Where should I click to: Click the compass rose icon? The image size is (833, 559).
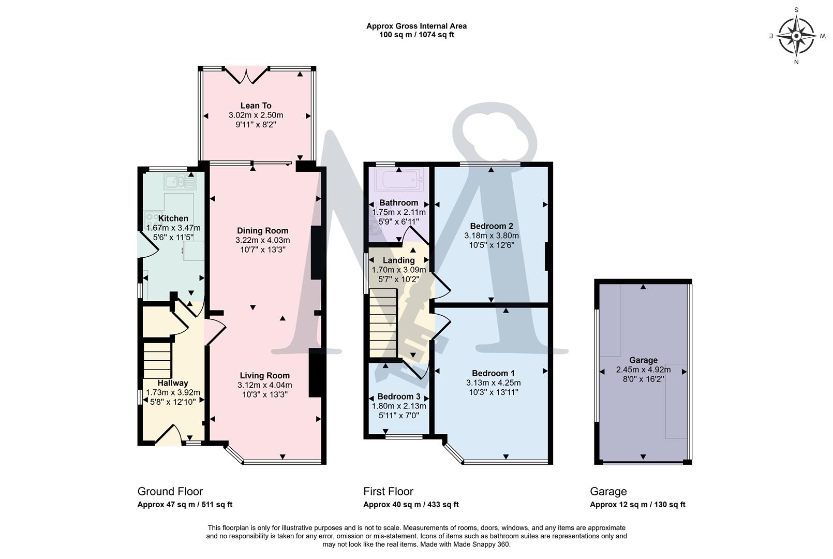(x=796, y=36)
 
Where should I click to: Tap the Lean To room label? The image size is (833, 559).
(x=256, y=106)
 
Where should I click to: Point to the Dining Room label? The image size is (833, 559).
(x=262, y=231)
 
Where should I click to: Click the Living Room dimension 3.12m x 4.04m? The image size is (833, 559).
(x=264, y=385)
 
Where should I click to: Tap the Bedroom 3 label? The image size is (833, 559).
(x=395, y=396)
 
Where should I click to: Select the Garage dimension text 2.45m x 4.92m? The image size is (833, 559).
(x=643, y=370)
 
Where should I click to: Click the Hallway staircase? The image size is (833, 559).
(x=157, y=359)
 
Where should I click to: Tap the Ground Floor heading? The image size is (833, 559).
(x=170, y=491)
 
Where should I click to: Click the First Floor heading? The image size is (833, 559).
(x=388, y=491)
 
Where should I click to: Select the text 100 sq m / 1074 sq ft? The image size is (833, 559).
(x=416, y=35)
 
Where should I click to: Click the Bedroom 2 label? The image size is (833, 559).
(x=491, y=226)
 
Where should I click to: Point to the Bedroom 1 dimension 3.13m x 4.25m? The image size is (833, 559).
(x=493, y=383)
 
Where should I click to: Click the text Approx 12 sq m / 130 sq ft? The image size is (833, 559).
(x=637, y=505)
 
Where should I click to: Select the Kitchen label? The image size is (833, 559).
(x=173, y=218)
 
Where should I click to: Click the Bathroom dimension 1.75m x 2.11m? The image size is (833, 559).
(x=398, y=212)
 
